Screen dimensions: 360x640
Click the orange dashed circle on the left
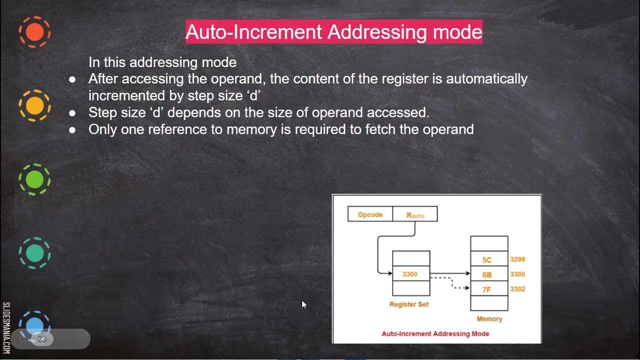coord(34,32)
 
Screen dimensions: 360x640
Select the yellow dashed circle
coord(34,105)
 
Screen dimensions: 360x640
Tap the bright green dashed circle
coord(34,179)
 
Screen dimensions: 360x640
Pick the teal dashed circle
coord(34,253)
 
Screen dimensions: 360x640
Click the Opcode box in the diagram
coord(370,214)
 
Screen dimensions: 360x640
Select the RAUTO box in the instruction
coord(415,215)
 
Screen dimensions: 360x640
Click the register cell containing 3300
coord(410,274)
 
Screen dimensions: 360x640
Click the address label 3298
coord(517,259)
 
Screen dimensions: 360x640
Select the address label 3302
coord(517,289)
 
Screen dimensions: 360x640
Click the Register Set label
coord(409,304)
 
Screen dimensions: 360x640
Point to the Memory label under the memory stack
coord(489,318)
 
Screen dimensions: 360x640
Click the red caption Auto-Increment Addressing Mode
coord(435,333)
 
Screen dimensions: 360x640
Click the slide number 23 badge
coord(42,339)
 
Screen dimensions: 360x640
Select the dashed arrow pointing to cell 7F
coord(452,283)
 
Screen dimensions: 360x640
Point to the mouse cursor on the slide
coord(303,304)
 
